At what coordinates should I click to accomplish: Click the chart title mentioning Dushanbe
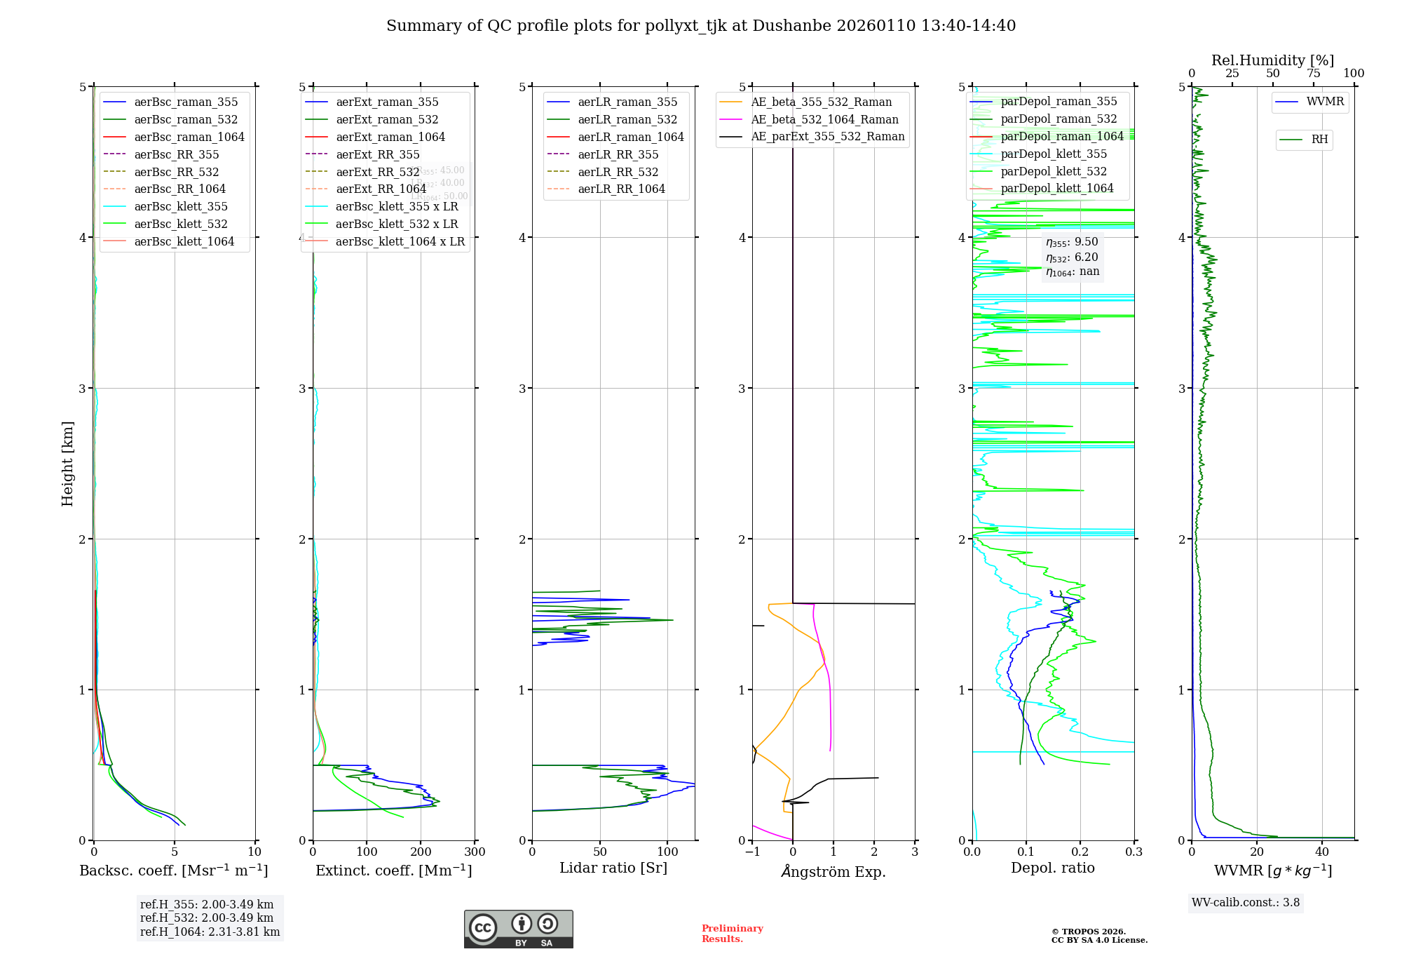701,26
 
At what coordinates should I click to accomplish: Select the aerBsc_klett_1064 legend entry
184,241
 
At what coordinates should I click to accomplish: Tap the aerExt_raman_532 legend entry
387,119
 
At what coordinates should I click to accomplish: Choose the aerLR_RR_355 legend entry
618,154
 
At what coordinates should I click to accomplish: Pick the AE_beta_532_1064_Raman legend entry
824,119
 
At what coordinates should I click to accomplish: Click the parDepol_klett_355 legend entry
1054,154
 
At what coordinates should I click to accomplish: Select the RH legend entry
1319,140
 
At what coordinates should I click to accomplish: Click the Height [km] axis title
67,464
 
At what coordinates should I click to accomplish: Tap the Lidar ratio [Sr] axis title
613,868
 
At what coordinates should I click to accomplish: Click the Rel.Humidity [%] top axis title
1272,60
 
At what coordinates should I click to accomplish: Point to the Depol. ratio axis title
1052,868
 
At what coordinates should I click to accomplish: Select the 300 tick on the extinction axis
475,852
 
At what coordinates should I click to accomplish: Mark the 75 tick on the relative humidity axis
1313,74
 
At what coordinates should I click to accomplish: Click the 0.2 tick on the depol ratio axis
1080,852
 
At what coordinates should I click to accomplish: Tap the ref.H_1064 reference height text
210,932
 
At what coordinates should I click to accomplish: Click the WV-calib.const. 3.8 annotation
1246,903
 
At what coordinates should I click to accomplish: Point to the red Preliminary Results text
732,934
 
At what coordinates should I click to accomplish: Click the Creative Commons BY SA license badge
518,929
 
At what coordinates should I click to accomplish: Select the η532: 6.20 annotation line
1072,257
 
